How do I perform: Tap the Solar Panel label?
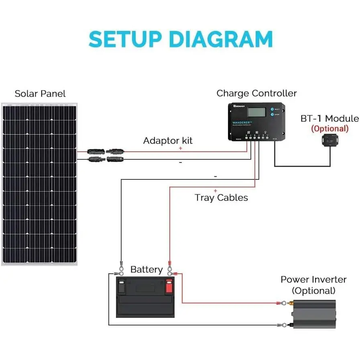[40, 94]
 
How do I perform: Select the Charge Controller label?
[256, 94]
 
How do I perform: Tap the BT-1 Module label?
[329, 119]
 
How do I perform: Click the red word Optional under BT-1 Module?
[329, 129]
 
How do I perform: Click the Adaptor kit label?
[168, 141]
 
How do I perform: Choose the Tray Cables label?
[221, 197]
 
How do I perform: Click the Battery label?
[146, 270]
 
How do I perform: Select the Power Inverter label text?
[313, 280]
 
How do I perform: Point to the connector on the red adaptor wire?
[106, 152]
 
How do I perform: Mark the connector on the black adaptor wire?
[106, 159]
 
